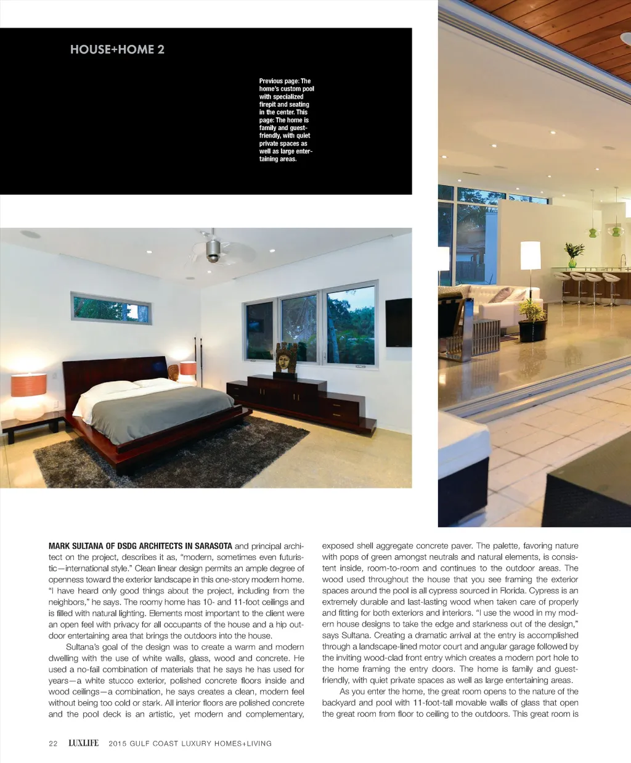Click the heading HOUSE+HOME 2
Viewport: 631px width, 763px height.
[117, 50]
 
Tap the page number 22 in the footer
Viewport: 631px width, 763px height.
[53, 743]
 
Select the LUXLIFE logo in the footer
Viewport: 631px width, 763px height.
[83, 743]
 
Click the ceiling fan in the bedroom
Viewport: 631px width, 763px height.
[213, 249]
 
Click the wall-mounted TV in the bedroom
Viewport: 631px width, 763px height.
[399, 323]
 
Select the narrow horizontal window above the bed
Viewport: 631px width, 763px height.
[111, 308]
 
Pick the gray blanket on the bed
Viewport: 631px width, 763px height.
[163, 410]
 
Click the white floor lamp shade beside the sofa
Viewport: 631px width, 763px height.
[530, 255]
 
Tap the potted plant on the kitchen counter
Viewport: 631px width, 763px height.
[574, 254]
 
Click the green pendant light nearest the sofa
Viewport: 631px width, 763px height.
[593, 232]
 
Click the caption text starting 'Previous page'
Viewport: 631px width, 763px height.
[286, 120]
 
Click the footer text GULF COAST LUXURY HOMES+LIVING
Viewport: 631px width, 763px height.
[190, 743]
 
